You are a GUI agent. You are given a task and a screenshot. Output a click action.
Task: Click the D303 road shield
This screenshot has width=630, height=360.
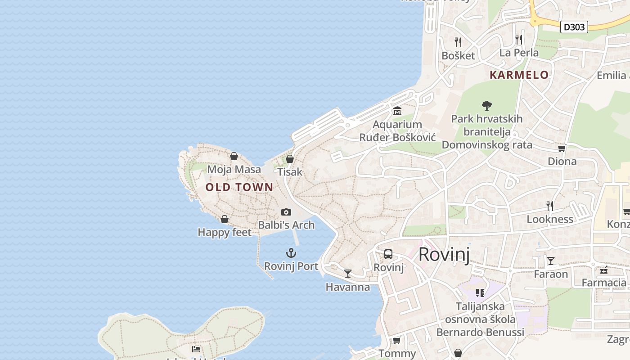click(x=574, y=27)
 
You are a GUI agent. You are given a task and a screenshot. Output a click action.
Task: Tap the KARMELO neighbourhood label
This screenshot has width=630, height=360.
click(x=519, y=75)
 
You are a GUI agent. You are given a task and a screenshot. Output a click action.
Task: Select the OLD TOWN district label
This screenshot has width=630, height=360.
click(x=239, y=187)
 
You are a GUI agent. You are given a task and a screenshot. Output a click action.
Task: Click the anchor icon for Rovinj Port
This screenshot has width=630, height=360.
click(x=291, y=253)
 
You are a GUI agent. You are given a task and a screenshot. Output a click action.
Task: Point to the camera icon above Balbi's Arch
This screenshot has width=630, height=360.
click(x=286, y=212)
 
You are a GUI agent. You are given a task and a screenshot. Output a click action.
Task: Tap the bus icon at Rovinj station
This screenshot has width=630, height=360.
click(x=388, y=254)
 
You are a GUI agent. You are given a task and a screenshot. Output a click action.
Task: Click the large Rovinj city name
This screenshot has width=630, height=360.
click(x=444, y=255)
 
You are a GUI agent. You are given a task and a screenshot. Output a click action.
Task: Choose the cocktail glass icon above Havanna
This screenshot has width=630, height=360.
click(x=347, y=274)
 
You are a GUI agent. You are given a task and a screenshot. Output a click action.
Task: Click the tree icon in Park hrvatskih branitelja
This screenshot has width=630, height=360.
click(x=486, y=106)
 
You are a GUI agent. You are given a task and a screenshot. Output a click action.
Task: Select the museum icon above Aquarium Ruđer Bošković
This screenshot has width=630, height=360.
click(x=397, y=111)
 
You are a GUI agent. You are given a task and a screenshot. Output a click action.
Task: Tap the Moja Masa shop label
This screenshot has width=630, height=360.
click(x=234, y=170)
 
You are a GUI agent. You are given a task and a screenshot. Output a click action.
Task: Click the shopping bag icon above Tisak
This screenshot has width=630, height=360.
click(x=290, y=159)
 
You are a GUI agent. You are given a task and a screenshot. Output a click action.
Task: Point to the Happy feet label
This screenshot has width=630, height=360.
click(x=225, y=232)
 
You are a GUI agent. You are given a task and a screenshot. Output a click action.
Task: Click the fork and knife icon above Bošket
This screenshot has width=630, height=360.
click(x=458, y=42)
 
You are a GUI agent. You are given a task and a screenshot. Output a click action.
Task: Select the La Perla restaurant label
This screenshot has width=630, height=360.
click(x=519, y=53)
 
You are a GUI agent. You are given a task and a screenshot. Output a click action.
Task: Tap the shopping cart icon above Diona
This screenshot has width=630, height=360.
click(x=562, y=148)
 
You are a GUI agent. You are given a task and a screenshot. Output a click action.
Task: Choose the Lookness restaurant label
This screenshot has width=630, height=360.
click(x=550, y=219)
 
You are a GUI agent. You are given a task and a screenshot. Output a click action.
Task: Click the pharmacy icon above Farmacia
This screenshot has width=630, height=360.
click(x=604, y=270)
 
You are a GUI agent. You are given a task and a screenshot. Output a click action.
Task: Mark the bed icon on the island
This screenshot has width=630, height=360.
click(x=196, y=349)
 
